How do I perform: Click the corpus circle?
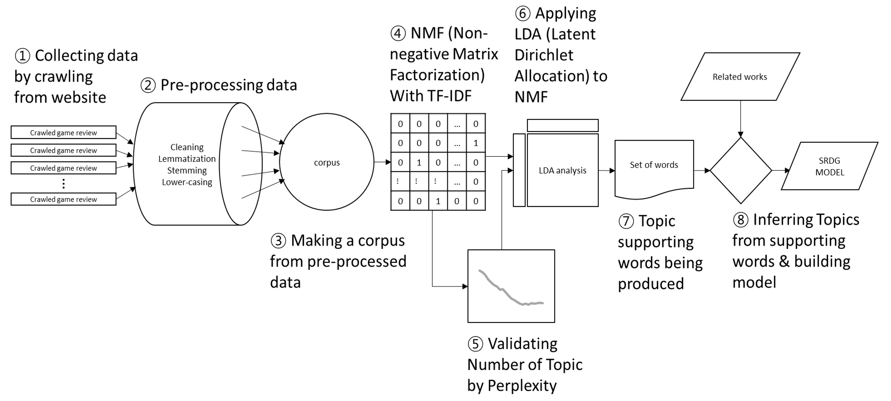click(326, 162)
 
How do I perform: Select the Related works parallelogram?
click(740, 77)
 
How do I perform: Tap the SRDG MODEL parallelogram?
click(829, 166)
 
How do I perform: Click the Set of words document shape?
click(654, 165)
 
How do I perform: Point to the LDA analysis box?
click(562, 170)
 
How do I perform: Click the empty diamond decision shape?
click(741, 170)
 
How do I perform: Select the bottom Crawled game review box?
click(63, 199)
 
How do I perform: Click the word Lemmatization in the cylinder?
click(187, 159)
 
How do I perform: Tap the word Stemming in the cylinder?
click(187, 171)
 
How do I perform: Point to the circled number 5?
click(475, 344)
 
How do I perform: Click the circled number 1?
click(22, 56)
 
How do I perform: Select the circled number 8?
click(741, 220)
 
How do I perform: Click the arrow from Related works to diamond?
click(741, 117)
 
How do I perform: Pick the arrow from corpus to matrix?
click(382, 162)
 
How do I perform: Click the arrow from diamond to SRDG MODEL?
click(781, 171)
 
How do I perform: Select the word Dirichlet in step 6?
click(544, 55)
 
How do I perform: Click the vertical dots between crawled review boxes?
click(63, 184)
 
